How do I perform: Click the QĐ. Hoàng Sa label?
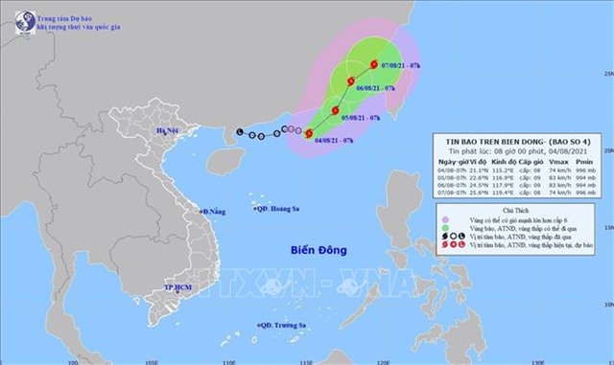[x=281, y=206]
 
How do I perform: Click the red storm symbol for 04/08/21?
[x=309, y=134]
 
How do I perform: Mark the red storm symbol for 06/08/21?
[x=351, y=80]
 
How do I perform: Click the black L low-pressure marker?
[x=240, y=132]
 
